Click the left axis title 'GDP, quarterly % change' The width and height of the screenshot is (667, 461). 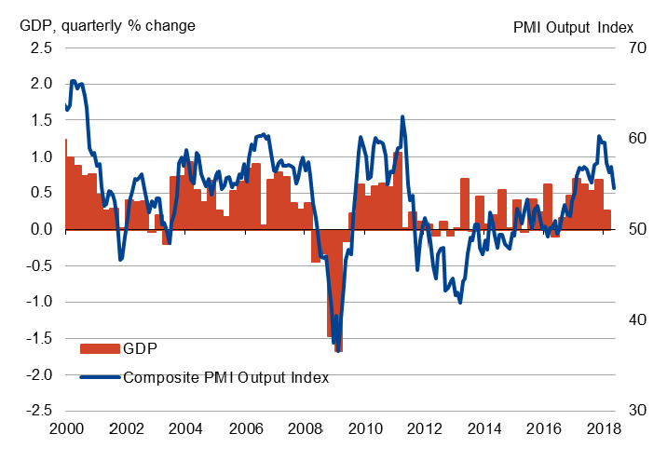coord(106,25)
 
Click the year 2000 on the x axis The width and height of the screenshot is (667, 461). coord(65,430)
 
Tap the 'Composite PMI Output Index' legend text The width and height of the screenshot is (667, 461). coord(226,377)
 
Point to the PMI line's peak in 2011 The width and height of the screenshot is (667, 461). coord(402,117)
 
